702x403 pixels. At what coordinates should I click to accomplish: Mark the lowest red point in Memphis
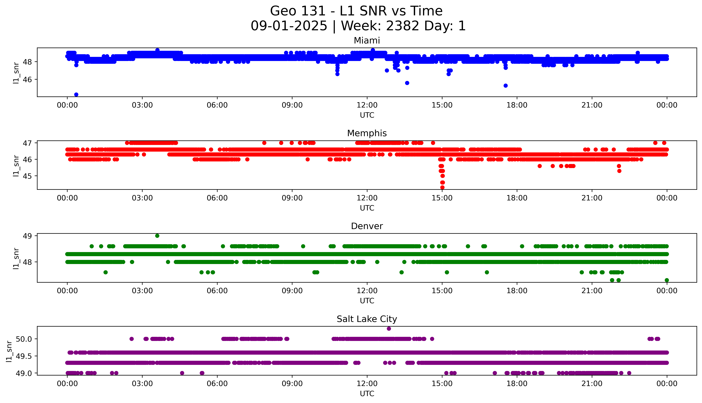(442, 187)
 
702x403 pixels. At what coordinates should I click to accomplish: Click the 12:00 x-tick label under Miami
(367, 105)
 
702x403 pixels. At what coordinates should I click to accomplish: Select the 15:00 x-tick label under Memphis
(442, 198)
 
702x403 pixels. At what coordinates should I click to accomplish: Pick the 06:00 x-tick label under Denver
(217, 291)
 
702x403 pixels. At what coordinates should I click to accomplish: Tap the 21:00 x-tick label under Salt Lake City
(592, 384)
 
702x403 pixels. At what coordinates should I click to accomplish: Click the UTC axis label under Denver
(367, 301)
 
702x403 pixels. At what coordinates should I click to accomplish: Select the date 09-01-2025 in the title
(289, 26)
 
